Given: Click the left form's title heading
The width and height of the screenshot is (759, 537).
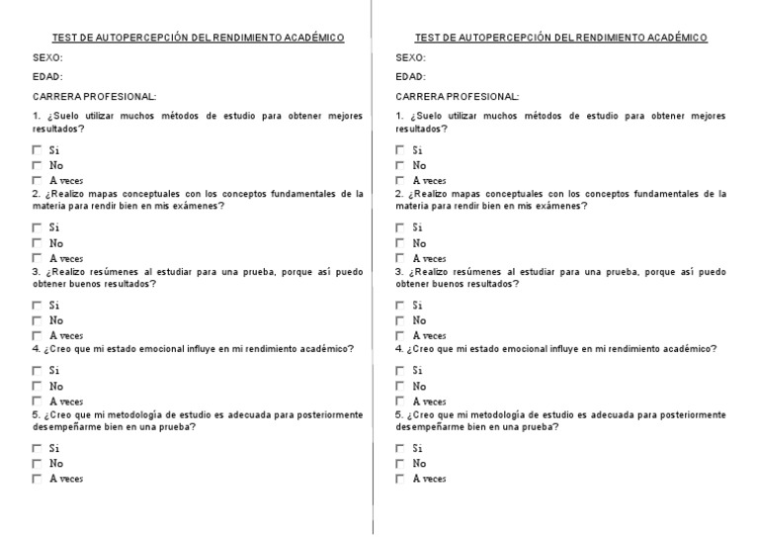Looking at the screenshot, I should pos(189,38).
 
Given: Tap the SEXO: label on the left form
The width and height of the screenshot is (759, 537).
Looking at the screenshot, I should pos(47,57).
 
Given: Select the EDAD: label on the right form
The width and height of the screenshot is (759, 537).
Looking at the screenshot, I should pos(410,76).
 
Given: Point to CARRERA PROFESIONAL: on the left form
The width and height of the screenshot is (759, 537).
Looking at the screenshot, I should pos(94,96).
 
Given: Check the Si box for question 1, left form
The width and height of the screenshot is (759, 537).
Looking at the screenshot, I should pos(37,150).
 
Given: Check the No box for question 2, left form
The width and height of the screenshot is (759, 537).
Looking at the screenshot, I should pos(37,243).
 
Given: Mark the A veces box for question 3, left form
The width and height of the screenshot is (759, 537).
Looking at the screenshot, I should pos(37,336).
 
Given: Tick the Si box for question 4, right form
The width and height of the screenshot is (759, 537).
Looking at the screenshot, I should pos(400,371).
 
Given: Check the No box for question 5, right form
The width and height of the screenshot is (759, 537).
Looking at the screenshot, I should pos(400,464).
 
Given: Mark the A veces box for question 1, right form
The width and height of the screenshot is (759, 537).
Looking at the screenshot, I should pos(400,181).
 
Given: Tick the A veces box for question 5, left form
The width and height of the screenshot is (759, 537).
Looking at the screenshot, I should pos(37,480).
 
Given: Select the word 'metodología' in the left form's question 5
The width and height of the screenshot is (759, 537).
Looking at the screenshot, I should pos(121,414).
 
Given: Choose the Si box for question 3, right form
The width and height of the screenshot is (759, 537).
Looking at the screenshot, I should pos(400,306).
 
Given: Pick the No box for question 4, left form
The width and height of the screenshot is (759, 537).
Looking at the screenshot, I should pos(37,387).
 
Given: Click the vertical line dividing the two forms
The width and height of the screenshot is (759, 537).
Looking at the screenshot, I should pos(372,267).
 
